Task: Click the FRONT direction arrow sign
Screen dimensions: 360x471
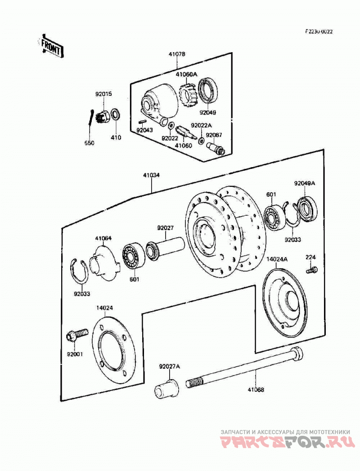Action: [x=51, y=47]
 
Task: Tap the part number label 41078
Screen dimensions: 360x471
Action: [x=177, y=54]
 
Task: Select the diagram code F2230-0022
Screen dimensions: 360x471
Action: [x=319, y=32]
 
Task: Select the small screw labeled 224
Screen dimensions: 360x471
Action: [x=312, y=269]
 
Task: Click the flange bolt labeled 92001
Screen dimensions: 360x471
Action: [x=76, y=335]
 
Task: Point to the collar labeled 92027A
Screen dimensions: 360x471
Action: [x=166, y=389]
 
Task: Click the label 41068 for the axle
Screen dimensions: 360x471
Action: [x=256, y=390]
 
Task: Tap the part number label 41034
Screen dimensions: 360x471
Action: [x=151, y=175]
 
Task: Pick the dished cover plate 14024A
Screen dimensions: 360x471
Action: [x=285, y=303]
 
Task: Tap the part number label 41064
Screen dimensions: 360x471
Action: [x=103, y=238]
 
